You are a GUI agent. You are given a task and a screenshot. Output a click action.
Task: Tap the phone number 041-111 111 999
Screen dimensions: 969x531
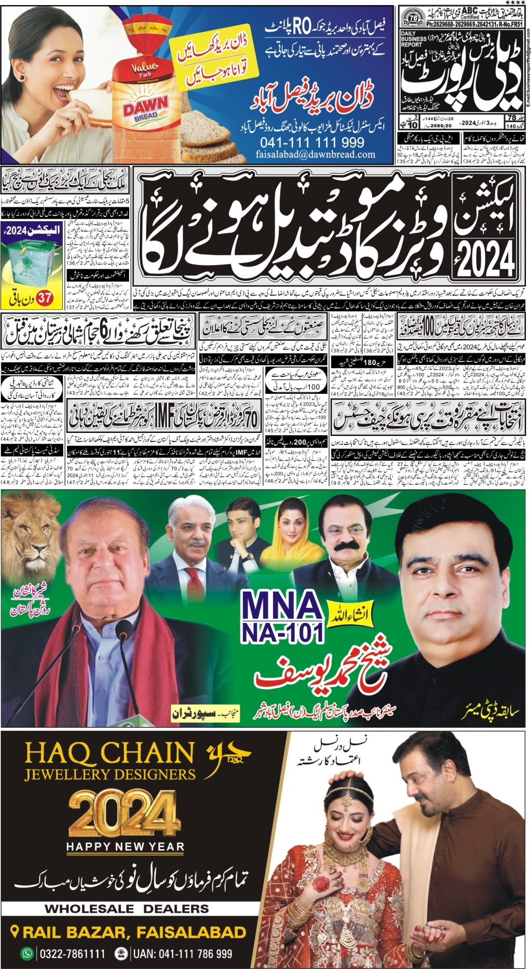point(312,142)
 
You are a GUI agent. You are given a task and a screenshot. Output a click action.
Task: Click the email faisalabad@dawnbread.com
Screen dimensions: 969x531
point(315,154)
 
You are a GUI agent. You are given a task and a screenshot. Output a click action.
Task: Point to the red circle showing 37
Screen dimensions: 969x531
point(45,298)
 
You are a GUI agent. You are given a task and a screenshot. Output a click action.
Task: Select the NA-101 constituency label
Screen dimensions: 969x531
point(282,633)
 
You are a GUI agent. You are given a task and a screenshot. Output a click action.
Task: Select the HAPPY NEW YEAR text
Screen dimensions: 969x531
point(125,847)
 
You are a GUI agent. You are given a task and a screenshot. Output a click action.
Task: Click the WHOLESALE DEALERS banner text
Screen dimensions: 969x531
point(127,909)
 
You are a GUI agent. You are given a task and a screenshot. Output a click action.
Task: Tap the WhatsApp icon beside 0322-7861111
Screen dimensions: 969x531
point(26,954)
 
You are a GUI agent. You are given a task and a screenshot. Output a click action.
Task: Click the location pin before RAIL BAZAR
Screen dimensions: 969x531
point(15,932)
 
